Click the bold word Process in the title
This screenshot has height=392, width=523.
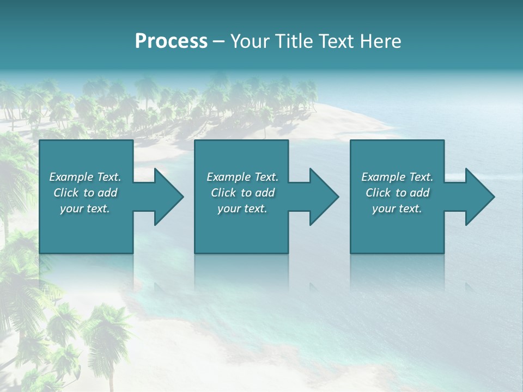click(171, 41)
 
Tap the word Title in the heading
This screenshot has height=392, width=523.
click(293, 41)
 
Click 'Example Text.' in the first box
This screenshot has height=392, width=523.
click(85, 177)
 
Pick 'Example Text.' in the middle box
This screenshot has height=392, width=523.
click(242, 177)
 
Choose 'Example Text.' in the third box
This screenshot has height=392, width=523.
click(397, 177)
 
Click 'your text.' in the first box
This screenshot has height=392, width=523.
click(85, 209)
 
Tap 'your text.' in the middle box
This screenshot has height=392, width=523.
click(242, 209)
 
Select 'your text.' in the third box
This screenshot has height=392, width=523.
click(397, 209)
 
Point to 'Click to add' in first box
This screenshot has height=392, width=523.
click(85, 193)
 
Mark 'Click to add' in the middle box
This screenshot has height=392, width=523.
click(242, 193)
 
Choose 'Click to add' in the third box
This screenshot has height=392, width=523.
click(397, 193)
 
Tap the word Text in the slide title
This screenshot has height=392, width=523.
click(335, 41)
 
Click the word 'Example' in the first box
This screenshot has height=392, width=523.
click(71, 177)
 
